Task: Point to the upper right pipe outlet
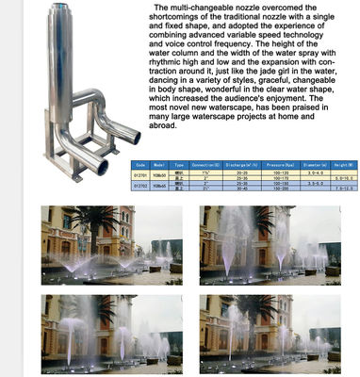tap(135, 139)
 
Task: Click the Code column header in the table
tap(140, 162)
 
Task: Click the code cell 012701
tap(140, 173)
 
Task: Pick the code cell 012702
tap(140, 188)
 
